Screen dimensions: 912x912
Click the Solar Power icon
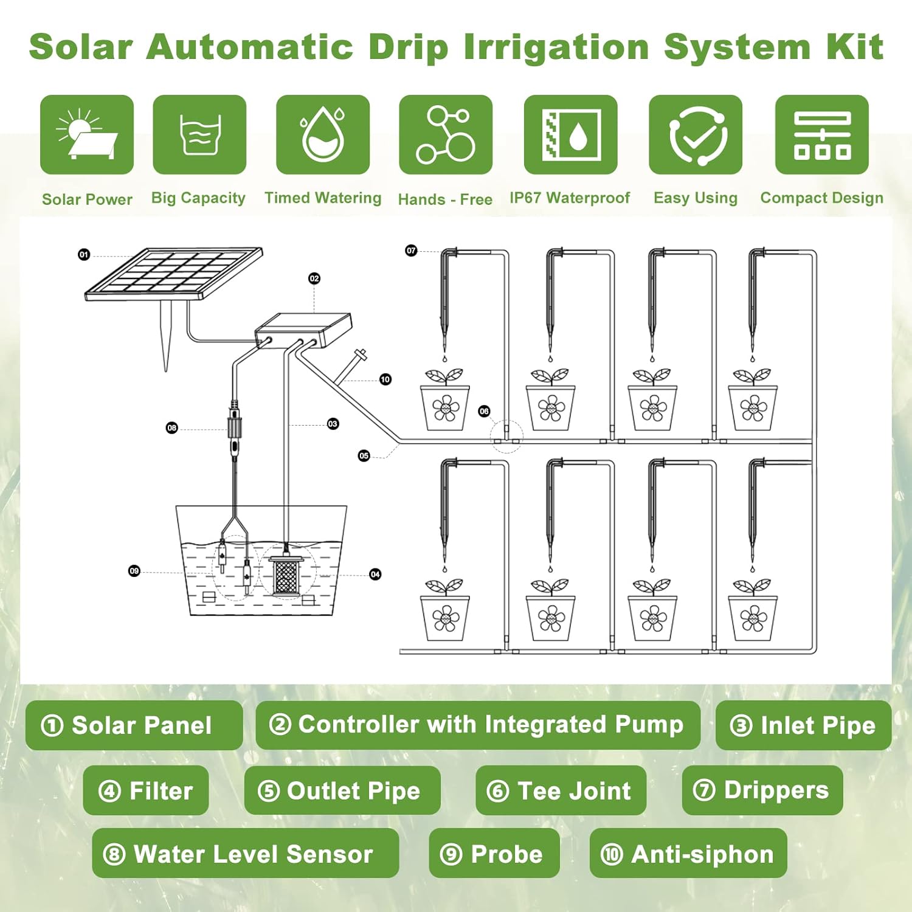coord(87,134)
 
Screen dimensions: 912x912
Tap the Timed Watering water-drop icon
coord(323,134)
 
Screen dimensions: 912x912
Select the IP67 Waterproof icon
coord(571,134)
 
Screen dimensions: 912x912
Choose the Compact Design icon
coord(822,134)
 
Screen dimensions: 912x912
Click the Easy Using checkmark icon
coord(696,134)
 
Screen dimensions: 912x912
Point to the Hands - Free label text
coord(445,199)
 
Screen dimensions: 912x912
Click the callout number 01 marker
coord(84,255)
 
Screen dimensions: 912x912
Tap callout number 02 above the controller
coord(314,278)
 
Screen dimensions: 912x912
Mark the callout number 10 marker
coord(385,379)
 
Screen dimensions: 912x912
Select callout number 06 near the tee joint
coord(484,412)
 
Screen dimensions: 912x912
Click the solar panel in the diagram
coord(174,274)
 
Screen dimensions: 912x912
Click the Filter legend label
coord(146,790)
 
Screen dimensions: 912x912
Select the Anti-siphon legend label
coord(688,854)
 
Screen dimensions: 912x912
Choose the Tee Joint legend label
coord(561,790)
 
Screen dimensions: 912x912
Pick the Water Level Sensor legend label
coord(246,854)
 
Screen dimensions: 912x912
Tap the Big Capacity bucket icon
coord(199,134)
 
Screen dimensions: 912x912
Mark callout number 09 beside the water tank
coord(134,571)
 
